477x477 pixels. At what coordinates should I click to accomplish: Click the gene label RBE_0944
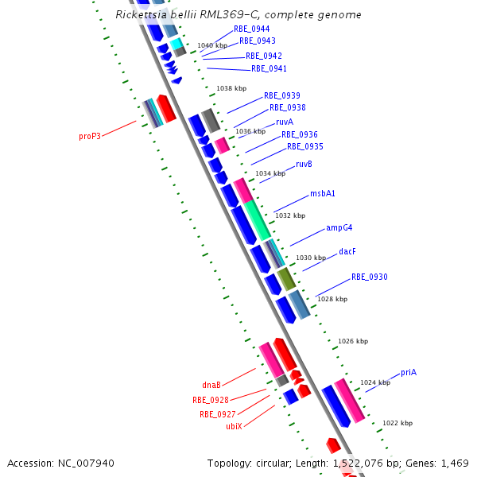click(251, 29)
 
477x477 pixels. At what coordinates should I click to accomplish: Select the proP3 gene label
click(90, 136)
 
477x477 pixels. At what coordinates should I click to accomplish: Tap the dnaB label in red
click(211, 385)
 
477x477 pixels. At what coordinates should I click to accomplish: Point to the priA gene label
click(409, 372)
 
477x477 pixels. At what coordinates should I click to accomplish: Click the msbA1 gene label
click(323, 194)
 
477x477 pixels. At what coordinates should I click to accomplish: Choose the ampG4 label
click(339, 228)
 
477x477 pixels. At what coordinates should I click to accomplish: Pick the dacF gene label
click(347, 251)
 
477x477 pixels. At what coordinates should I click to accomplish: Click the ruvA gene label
click(285, 122)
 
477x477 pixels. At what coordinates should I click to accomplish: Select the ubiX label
click(234, 426)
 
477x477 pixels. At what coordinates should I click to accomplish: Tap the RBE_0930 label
click(370, 277)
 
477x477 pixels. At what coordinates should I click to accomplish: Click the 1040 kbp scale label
click(212, 45)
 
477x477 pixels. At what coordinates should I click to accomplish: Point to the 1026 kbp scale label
click(353, 341)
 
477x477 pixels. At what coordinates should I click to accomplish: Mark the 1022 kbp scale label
click(397, 423)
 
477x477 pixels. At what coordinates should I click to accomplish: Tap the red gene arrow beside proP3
click(166, 107)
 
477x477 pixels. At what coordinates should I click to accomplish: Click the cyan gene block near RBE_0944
click(176, 43)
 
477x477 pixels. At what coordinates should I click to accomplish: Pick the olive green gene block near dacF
click(286, 278)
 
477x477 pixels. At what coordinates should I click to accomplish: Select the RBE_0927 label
click(218, 414)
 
